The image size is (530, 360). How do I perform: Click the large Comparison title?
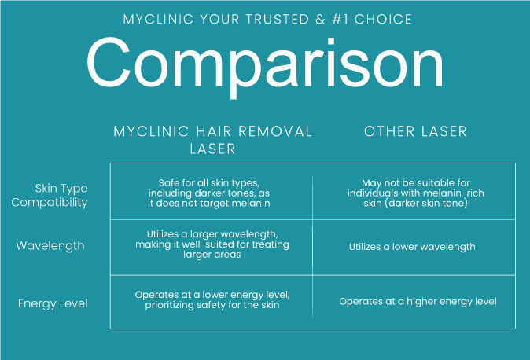pos(265,66)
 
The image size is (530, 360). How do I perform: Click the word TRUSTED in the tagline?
pos(278,20)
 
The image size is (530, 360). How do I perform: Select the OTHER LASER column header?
pos(415,131)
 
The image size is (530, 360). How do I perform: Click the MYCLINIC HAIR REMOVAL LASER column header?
pos(212,140)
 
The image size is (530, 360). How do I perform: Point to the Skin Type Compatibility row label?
pos(50,195)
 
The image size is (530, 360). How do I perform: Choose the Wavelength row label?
pos(50,246)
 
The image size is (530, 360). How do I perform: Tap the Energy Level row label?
pos(53,303)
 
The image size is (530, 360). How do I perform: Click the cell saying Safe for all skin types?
pos(209,193)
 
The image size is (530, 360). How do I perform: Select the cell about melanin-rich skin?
pos(416,193)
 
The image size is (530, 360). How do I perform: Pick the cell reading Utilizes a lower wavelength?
pos(412,247)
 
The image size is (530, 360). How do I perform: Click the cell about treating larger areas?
pos(212,244)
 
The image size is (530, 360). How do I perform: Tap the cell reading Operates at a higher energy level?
pos(418,302)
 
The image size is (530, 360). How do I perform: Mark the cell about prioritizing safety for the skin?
pos(212,299)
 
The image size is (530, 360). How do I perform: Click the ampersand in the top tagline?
pos(320,20)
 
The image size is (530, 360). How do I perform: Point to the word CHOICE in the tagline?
pos(383,20)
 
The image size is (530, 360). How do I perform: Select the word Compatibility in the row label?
pos(50,202)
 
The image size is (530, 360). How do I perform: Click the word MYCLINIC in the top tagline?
pos(158,20)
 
